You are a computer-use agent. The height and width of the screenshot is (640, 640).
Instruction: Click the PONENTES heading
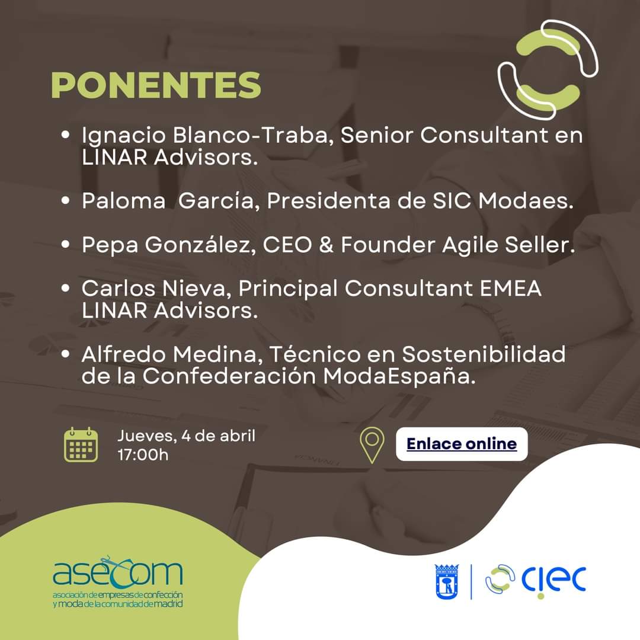(x=156, y=85)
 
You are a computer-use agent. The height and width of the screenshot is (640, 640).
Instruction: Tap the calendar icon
(x=81, y=444)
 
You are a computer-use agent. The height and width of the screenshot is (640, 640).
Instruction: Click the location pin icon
(x=372, y=445)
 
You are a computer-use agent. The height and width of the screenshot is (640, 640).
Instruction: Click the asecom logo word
(x=117, y=571)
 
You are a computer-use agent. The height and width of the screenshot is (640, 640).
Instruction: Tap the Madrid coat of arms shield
(x=447, y=582)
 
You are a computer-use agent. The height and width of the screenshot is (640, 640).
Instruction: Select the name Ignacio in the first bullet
(x=123, y=136)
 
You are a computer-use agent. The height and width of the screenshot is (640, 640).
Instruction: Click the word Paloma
(x=123, y=201)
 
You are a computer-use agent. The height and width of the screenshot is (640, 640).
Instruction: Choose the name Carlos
(x=119, y=288)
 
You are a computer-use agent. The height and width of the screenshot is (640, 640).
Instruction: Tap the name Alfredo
(x=127, y=354)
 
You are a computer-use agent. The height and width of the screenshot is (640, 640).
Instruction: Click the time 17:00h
(x=143, y=455)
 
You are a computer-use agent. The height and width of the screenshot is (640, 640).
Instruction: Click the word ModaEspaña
(x=399, y=376)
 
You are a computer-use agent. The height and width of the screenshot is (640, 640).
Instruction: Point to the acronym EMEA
(x=511, y=288)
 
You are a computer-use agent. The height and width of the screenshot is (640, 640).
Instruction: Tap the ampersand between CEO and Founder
(x=326, y=245)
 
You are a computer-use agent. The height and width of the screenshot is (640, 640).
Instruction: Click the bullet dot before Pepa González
(x=65, y=244)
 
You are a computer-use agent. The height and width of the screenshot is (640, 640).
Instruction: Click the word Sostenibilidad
(x=484, y=354)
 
